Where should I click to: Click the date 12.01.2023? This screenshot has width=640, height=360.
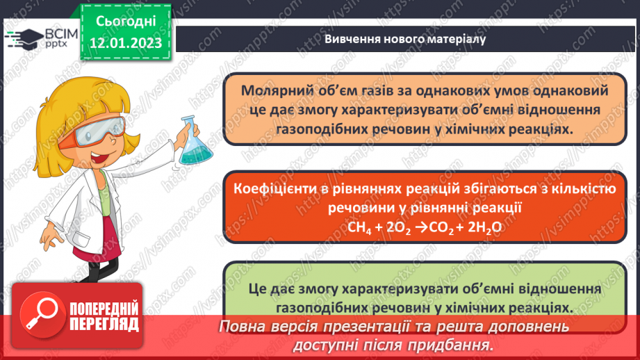pos(125,43)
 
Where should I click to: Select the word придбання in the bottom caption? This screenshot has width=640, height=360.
pos(454,344)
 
